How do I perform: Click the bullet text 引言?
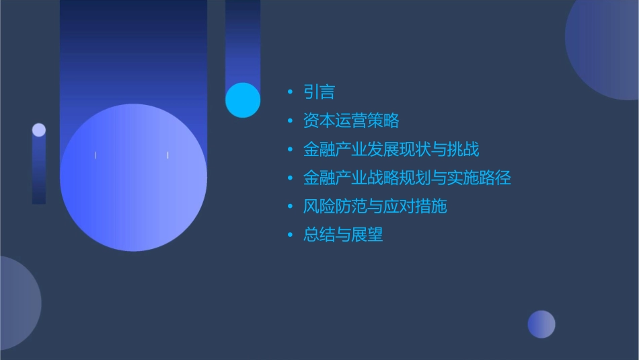(x=319, y=92)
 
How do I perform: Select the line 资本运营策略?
(x=351, y=120)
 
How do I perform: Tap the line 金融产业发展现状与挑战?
(x=391, y=149)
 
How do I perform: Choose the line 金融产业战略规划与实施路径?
(x=407, y=178)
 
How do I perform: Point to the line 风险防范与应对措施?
(x=375, y=206)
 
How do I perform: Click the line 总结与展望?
(x=343, y=235)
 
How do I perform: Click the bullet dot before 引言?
(x=290, y=92)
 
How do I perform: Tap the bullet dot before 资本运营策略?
(x=290, y=121)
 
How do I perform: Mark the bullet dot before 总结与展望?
(x=290, y=235)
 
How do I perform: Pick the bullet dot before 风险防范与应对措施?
(x=290, y=207)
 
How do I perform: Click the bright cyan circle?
(x=243, y=100)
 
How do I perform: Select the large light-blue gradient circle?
(x=133, y=178)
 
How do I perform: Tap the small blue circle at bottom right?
(x=541, y=324)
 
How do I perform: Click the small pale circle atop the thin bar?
(x=39, y=130)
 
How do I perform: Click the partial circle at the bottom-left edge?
(x=16, y=303)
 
